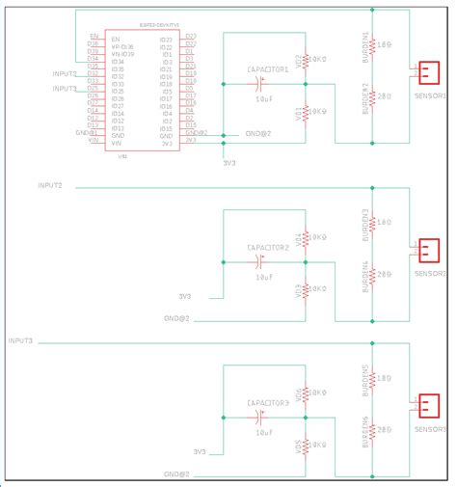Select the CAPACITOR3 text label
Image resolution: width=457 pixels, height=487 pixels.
pos(267,403)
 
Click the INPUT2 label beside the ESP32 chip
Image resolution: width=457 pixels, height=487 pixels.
pos(67,73)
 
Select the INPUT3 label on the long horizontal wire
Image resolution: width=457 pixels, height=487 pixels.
pos(20,341)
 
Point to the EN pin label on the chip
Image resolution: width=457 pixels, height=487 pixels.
pos(93,37)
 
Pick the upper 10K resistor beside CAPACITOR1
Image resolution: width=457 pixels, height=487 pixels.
pos(305,60)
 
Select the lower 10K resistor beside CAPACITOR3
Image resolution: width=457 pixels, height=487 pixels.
pos(305,446)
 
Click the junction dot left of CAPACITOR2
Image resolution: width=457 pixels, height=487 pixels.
pos(224,261)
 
